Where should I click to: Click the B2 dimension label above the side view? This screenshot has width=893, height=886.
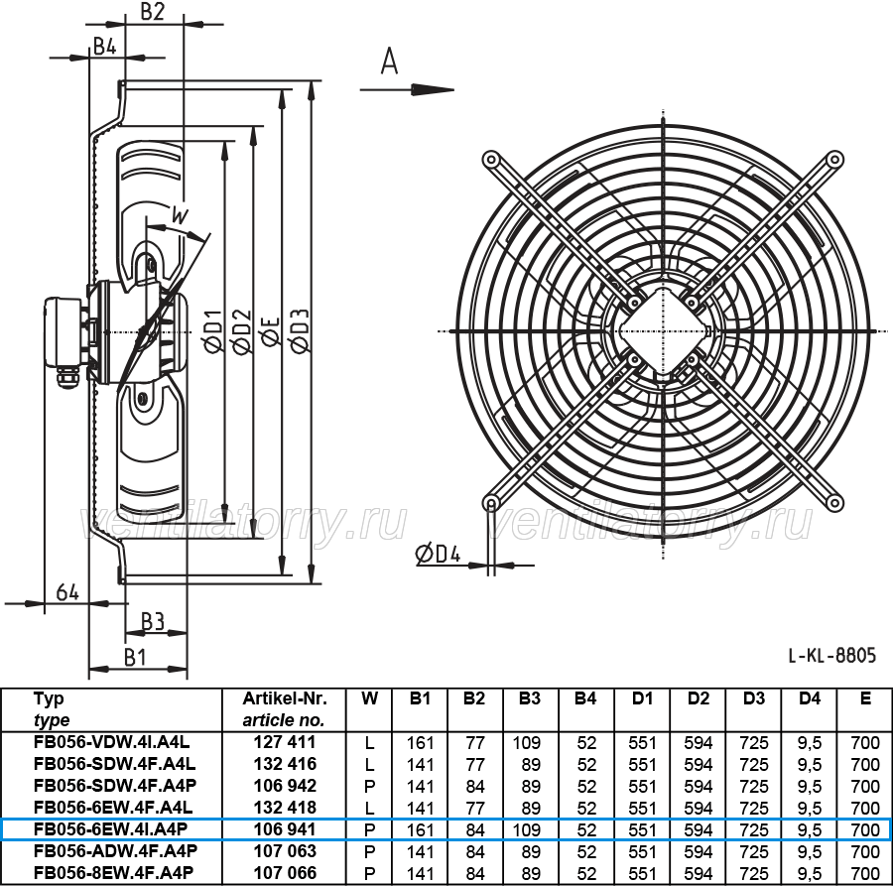152,11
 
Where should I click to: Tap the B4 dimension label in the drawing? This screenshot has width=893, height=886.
105,46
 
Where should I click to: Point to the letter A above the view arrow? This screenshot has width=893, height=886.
389,61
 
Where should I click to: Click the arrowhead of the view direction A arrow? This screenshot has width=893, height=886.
433,89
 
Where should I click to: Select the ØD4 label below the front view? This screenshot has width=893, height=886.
438,554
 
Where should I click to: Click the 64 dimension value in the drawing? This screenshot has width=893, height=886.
67,592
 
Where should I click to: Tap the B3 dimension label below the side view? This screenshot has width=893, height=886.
153,621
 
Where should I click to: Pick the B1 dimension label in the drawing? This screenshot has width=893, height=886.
136,657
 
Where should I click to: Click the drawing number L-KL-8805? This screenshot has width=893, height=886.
832,656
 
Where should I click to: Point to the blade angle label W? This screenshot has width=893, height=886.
180,216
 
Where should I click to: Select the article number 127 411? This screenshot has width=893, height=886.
284,742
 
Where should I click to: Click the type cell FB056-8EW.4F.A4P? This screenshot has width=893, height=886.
113,872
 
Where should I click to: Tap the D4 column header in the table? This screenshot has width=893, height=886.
810,698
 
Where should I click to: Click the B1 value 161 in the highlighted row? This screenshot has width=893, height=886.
421,829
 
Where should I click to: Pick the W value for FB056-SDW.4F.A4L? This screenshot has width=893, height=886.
370,764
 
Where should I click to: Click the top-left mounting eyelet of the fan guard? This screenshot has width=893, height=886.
490,159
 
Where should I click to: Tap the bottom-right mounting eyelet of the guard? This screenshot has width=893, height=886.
834,502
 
